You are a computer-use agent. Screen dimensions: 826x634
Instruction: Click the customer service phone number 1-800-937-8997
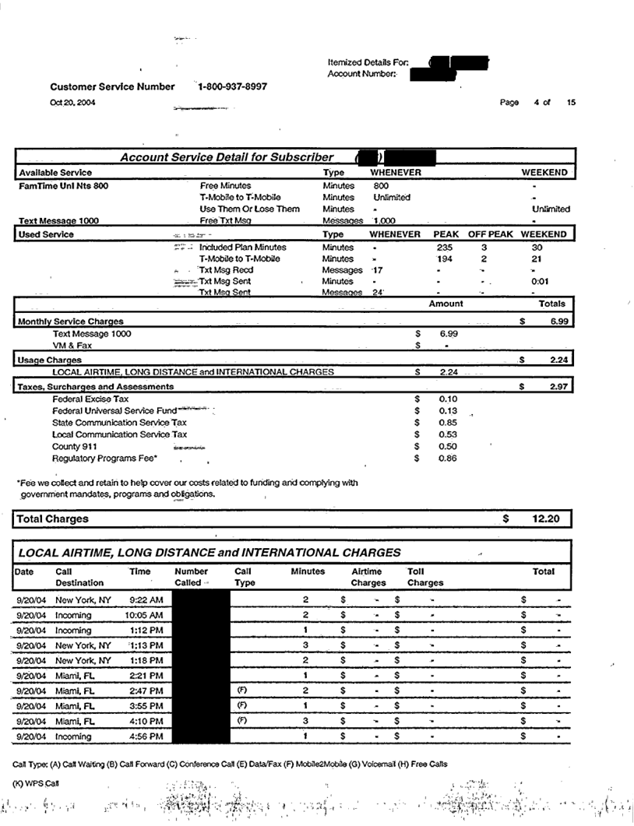233,87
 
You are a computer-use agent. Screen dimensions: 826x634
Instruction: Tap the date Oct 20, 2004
73,103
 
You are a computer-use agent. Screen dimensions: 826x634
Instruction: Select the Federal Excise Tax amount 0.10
448,399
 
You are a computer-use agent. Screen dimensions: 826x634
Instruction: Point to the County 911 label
77,447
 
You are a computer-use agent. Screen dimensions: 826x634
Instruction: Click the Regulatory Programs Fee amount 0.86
448,459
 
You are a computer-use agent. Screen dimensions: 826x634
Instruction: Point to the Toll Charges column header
425,577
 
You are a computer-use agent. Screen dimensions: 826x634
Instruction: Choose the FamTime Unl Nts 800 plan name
64,186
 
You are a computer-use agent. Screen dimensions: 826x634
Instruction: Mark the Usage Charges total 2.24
555,360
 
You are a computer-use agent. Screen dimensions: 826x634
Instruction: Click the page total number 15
572,103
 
